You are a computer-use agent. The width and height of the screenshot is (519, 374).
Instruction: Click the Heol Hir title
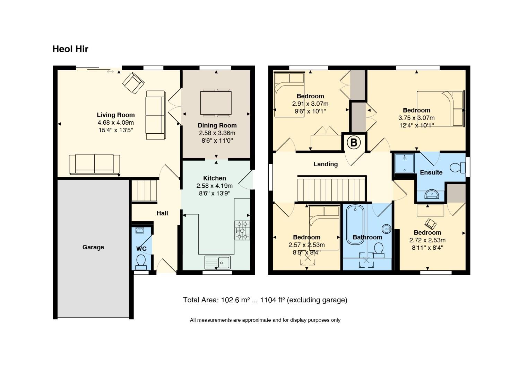click(70, 49)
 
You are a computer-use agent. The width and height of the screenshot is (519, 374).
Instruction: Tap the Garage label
click(93, 247)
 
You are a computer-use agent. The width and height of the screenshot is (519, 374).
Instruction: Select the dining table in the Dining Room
click(216, 103)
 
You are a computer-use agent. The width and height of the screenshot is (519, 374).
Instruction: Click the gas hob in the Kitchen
click(242, 230)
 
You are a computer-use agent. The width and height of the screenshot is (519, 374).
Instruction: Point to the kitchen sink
click(217, 262)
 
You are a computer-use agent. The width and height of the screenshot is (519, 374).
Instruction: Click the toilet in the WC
click(141, 262)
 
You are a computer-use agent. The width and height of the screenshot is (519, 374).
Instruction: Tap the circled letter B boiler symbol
click(354, 142)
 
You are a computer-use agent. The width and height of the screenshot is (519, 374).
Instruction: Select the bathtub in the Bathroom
click(355, 225)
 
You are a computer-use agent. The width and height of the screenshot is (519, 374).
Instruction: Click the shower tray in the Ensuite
click(405, 163)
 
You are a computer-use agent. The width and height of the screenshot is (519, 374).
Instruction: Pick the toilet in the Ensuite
click(458, 168)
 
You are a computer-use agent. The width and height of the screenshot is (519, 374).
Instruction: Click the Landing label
click(326, 164)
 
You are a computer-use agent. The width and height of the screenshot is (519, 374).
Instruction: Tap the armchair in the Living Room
click(133, 83)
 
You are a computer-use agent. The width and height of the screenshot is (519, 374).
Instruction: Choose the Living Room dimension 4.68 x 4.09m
click(115, 123)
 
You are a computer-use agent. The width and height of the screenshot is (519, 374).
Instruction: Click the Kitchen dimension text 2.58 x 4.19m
click(215, 186)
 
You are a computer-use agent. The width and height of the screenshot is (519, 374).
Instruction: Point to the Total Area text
click(265, 300)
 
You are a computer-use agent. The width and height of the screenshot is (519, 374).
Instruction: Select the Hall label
click(162, 213)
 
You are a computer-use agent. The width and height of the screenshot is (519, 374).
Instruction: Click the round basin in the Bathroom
click(387, 229)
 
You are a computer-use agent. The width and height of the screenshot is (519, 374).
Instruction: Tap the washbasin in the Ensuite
click(432, 194)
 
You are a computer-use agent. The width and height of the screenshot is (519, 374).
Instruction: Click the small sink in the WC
click(140, 230)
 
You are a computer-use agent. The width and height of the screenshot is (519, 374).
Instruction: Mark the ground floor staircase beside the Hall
click(144, 190)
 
